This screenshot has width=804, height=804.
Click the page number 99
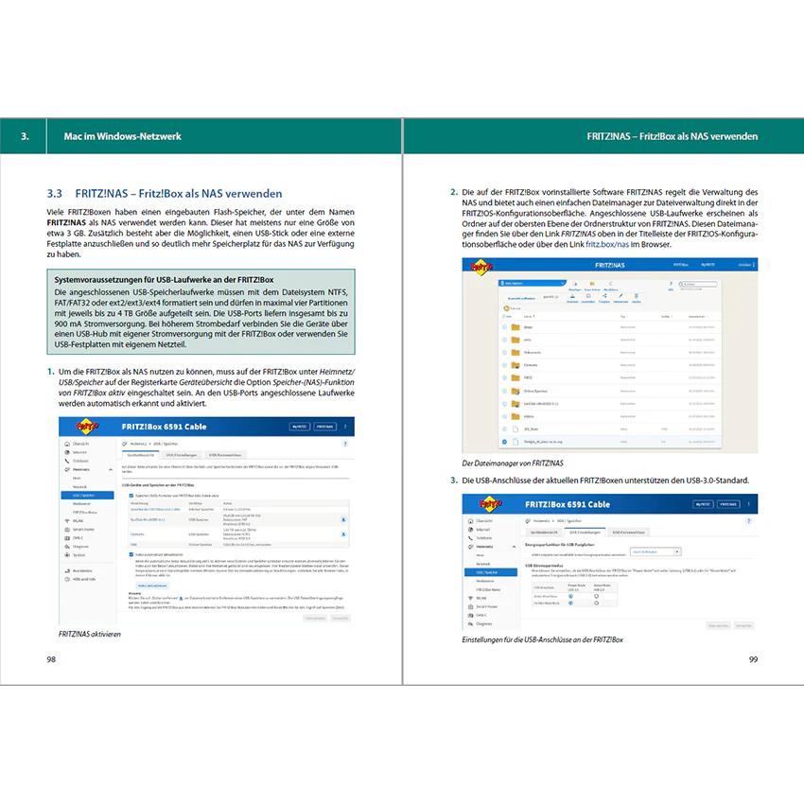pos(753,658)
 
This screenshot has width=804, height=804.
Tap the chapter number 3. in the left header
pos(26,135)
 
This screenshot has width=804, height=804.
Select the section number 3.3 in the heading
pos(54,192)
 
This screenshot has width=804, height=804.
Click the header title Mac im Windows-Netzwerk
pos(115,135)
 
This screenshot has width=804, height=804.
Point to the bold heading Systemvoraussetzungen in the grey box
pos(164,281)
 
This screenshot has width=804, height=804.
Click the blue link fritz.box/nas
pos(607,243)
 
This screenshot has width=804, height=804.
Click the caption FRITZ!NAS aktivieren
pos(90,634)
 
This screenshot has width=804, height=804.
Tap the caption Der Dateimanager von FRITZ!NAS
pos(513,463)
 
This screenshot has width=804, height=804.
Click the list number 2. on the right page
pos(454,192)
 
